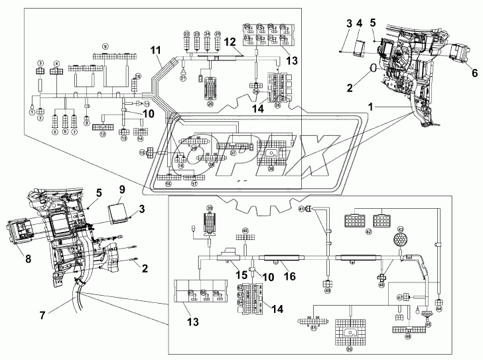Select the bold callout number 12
228,41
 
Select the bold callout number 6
474,72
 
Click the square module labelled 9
122,211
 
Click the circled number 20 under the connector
212,104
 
